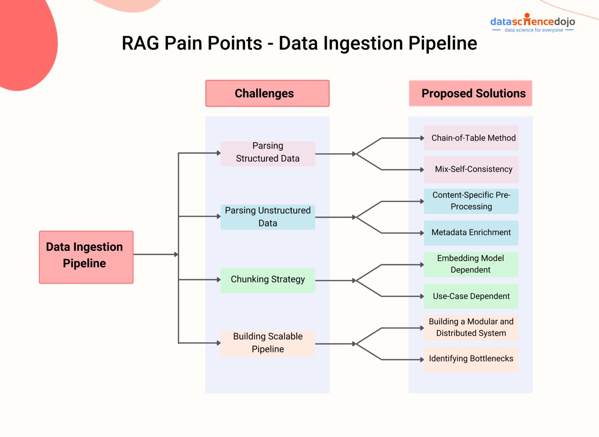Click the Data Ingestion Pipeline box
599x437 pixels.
[86, 257]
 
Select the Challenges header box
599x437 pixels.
[267, 93]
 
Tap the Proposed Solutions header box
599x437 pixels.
[470, 93]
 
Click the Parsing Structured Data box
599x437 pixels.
[268, 154]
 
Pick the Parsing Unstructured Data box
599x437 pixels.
[268, 217]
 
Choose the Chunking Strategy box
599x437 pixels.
[268, 280]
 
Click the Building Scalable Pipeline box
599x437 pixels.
[268, 343]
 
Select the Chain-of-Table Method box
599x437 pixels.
[471, 138]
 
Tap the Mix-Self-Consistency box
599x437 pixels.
[471, 169]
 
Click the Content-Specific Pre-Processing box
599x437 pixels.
[471, 201]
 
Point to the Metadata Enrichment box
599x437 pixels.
[471, 233]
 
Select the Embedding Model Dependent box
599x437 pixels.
[471, 265]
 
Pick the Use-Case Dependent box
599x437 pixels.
[471, 296]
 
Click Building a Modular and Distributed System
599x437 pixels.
[471, 328]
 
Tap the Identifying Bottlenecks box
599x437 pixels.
[471, 359]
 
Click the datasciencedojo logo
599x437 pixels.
[532, 21]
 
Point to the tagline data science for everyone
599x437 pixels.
[533, 30]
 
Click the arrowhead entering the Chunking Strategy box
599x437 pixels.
[219, 280]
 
